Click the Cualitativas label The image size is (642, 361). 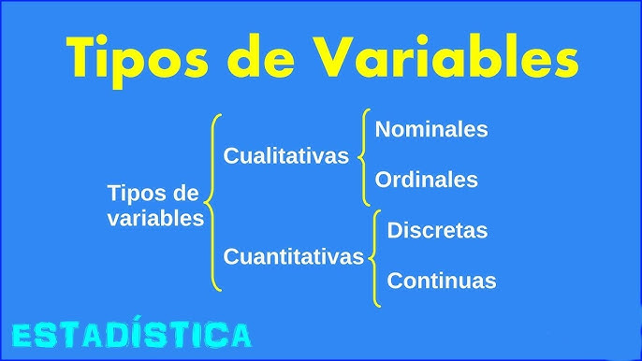pos(285,156)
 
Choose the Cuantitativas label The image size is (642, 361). pos(293,256)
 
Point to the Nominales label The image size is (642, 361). pos(431,129)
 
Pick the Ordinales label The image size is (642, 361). pos(426,180)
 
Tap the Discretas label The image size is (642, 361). pos(437,230)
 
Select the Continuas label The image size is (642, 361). pos(441,281)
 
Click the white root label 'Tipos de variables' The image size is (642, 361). pos(155,207)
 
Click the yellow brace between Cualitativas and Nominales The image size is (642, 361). pos(364,157)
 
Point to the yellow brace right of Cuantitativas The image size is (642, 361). pos(374,258)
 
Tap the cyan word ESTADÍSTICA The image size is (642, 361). pos(131,335)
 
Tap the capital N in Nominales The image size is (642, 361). pos(383,129)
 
